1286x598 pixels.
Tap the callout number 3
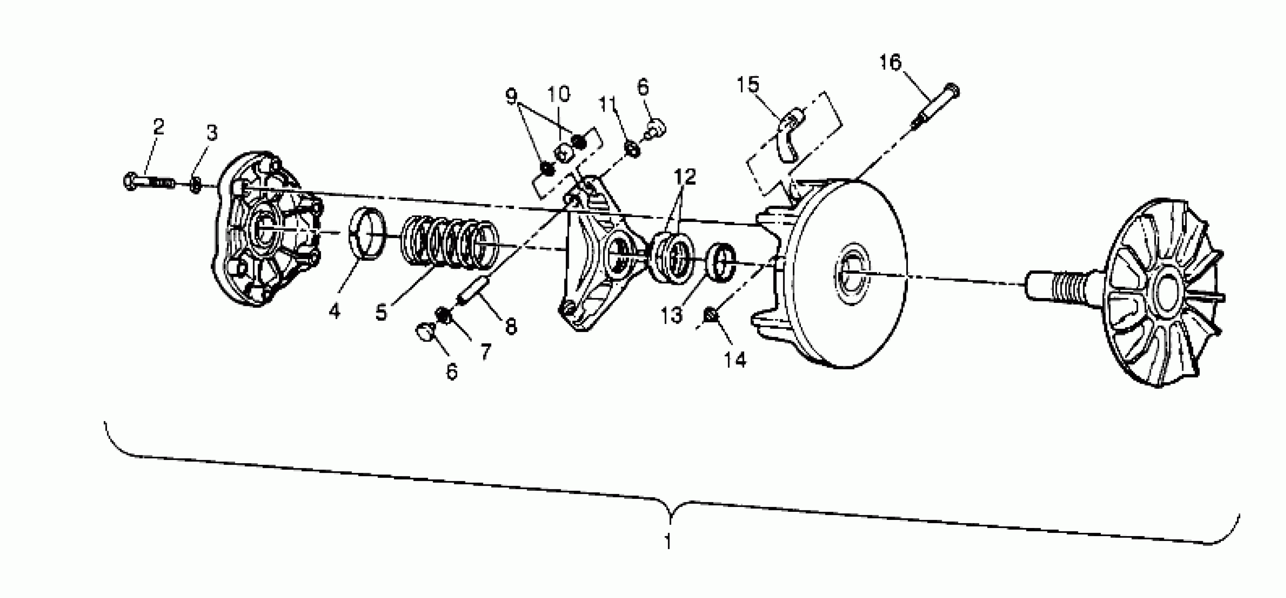[212, 133]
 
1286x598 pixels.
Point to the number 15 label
[748, 85]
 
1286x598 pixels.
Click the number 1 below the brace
[668, 541]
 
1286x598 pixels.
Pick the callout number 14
[735, 359]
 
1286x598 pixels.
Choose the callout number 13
[671, 315]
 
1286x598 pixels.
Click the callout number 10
[559, 94]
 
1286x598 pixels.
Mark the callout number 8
[511, 327]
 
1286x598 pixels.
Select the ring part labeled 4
[368, 234]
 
